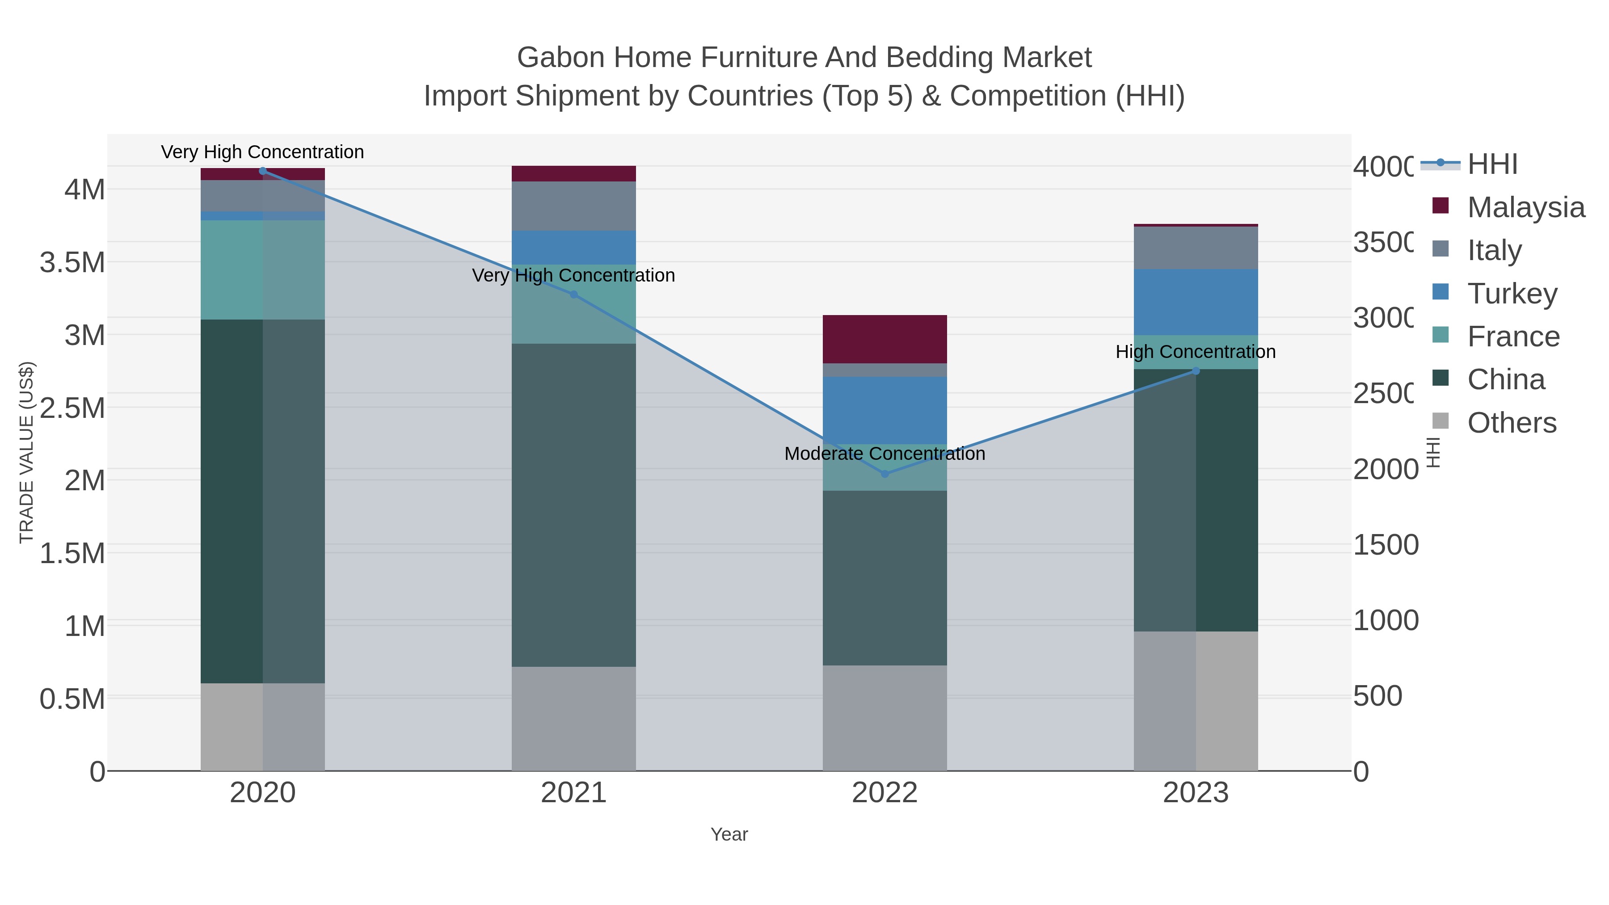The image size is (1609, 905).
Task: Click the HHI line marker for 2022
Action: (885, 474)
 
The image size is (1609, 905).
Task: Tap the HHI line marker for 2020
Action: (263, 171)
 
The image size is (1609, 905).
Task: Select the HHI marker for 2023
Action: (1196, 371)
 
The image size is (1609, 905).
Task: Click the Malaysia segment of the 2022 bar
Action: (885, 339)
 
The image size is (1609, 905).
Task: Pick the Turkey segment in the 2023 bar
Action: (1196, 302)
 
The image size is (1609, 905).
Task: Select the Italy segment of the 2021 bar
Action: (573, 206)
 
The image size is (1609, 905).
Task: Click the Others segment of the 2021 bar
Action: (573, 718)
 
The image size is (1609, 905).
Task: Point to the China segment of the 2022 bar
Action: (885, 578)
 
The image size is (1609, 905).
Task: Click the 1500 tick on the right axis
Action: (1386, 545)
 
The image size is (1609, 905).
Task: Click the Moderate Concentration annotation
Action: (885, 454)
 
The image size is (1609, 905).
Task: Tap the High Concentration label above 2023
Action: (1196, 352)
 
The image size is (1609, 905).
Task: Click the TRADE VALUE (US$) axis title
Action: (26, 452)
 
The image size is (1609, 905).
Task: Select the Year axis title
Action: (729, 834)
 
